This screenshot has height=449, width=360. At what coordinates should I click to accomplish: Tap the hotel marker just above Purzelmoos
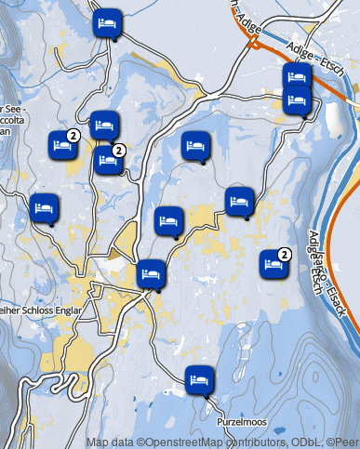199,379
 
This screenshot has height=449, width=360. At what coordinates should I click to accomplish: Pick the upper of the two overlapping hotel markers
297,76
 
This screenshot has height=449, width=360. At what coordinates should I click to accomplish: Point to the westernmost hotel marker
43,208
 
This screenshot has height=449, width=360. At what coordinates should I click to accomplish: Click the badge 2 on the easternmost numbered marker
285,254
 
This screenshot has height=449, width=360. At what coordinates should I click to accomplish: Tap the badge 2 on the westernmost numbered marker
73,136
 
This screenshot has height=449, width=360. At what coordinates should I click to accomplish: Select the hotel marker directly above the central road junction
151,274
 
